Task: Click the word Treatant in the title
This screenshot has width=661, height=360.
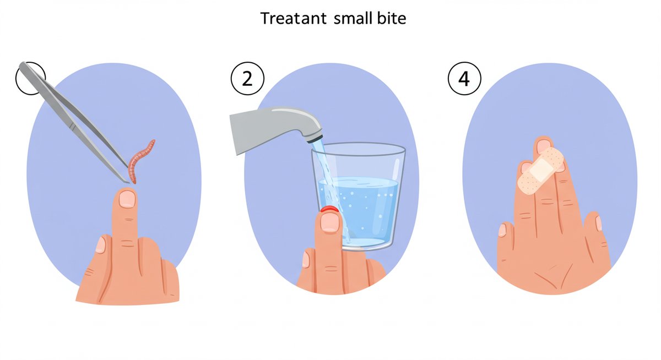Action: (x=293, y=19)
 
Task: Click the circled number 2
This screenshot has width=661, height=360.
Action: (x=247, y=78)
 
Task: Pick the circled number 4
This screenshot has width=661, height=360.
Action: (x=464, y=78)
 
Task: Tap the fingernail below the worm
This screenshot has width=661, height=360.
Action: (x=127, y=199)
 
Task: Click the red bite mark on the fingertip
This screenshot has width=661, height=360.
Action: (x=329, y=209)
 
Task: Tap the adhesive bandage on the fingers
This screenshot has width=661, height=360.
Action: (x=540, y=171)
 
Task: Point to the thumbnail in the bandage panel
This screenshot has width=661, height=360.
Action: (x=502, y=230)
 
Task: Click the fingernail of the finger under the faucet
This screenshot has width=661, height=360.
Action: (x=330, y=222)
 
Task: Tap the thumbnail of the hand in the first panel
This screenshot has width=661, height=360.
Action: (x=101, y=245)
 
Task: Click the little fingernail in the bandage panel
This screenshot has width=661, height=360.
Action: (x=598, y=223)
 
